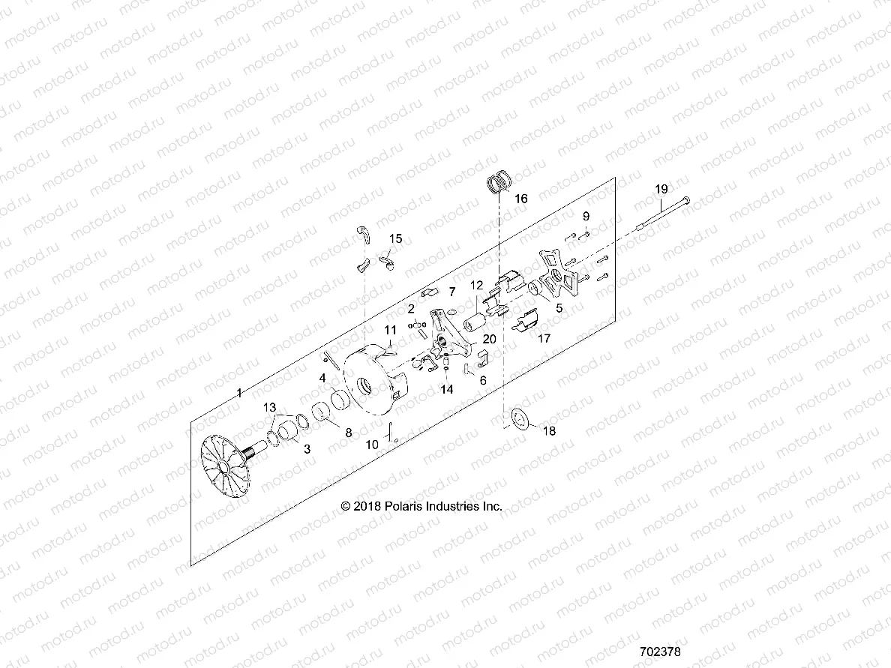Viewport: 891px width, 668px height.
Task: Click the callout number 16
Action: tap(521, 199)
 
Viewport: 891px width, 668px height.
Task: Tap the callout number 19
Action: tap(661, 189)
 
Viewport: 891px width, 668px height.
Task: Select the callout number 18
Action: tap(550, 431)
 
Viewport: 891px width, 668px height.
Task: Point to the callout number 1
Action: tap(239, 393)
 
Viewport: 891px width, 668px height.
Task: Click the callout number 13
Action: tap(269, 406)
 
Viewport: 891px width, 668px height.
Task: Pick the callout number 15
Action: tap(395, 238)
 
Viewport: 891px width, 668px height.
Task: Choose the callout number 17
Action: tap(544, 338)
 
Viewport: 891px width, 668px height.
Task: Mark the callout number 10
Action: tap(372, 445)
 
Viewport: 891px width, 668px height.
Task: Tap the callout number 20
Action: tap(489, 339)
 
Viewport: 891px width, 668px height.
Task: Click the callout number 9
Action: tap(586, 216)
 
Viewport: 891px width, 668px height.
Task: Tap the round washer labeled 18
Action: tap(517, 421)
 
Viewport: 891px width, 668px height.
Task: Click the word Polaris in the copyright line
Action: tap(405, 507)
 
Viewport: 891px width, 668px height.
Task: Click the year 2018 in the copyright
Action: tap(367, 507)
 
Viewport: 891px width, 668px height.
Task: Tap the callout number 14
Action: tap(447, 389)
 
